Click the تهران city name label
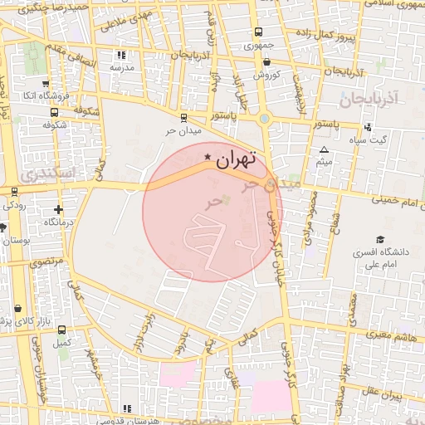237,160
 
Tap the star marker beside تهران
208,156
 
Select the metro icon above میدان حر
182,117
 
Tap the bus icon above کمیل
60,329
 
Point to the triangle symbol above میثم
324,149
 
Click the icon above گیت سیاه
368,127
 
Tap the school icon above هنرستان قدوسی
126,408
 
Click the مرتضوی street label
47,261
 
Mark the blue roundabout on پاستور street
265,119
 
